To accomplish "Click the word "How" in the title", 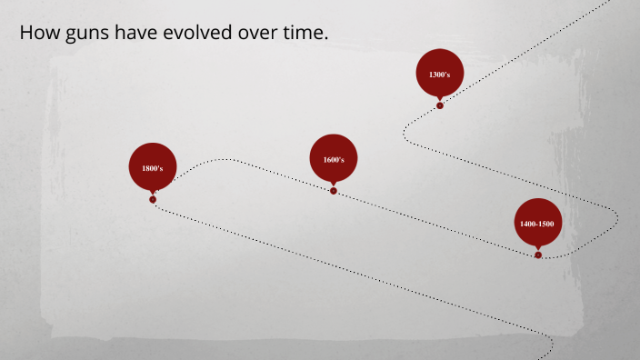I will click(36, 34).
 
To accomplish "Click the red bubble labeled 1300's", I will click(440, 73).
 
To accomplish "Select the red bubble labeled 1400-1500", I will click(538, 222).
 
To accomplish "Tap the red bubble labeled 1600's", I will click(334, 158).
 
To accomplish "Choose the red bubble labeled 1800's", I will click(153, 167).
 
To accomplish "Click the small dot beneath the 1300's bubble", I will click(440, 105).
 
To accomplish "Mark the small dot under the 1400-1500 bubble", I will click(538, 255).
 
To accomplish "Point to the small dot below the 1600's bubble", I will click(334, 191).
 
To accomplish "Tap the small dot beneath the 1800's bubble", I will click(153, 199).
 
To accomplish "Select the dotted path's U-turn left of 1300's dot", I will click(405, 132).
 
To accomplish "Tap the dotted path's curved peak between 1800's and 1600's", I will click(218, 160).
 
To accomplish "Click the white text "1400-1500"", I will click(538, 224).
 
